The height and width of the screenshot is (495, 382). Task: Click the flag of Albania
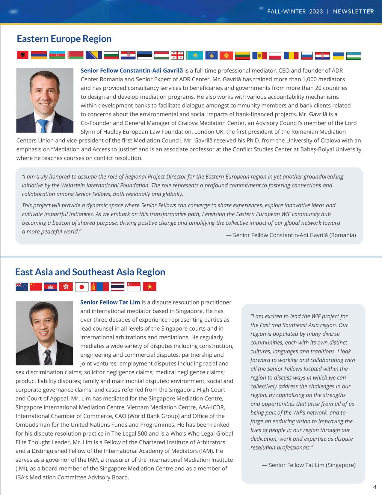(22, 55)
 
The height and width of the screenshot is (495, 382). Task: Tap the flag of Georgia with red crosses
(177, 55)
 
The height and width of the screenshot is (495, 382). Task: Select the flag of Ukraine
(338, 55)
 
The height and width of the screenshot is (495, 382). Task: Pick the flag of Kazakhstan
(194, 55)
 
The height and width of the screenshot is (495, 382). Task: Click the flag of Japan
(81, 287)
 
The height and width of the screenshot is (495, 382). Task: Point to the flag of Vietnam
(150, 287)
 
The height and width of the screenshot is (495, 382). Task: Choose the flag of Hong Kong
(66, 287)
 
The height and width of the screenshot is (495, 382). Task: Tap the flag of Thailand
(117, 287)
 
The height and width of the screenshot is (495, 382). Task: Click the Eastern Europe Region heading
(64, 39)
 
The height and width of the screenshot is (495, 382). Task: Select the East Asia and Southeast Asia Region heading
(90, 272)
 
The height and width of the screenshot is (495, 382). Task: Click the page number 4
(374, 487)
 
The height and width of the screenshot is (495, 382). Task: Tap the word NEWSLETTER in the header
(354, 11)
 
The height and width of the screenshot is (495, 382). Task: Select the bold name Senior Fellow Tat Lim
(110, 302)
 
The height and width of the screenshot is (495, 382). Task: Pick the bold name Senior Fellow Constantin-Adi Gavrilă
(132, 70)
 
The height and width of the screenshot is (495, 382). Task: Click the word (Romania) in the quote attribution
(342, 235)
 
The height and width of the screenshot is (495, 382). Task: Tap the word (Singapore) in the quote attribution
(341, 465)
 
